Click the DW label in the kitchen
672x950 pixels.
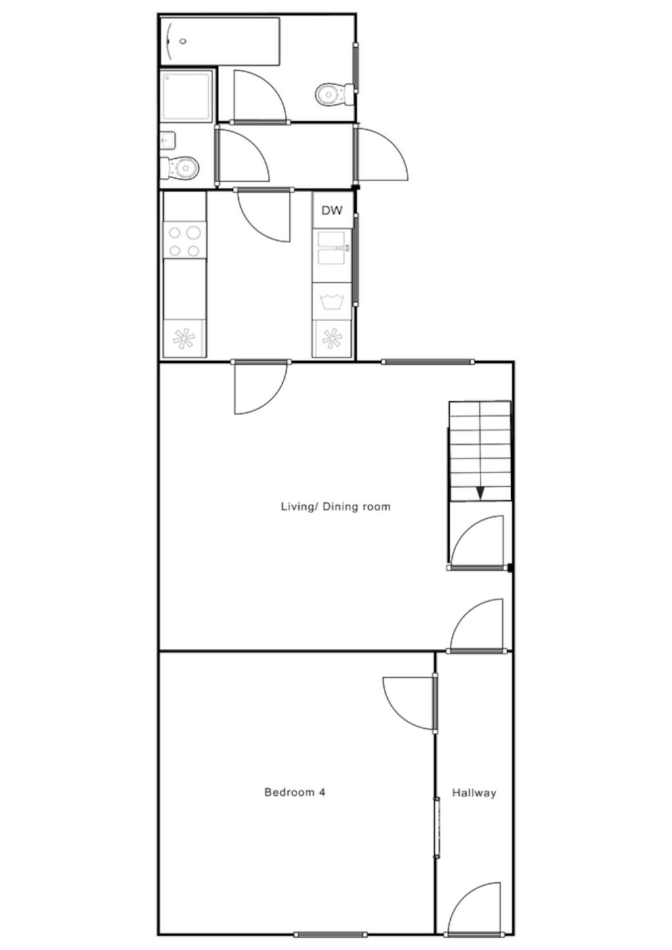click(x=332, y=211)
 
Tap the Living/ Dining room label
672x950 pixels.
click(x=335, y=506)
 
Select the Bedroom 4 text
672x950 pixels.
click(x=295, y=792)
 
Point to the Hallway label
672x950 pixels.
click(x=474, y=793)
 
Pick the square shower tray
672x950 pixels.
click(x=187, y=96)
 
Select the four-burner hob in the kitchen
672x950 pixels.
click(x=184, y=241)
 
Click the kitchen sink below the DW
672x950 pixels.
click(x=333, y=247)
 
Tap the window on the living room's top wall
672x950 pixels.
click(x=428, y=361)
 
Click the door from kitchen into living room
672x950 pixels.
click(x=260, y=387)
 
